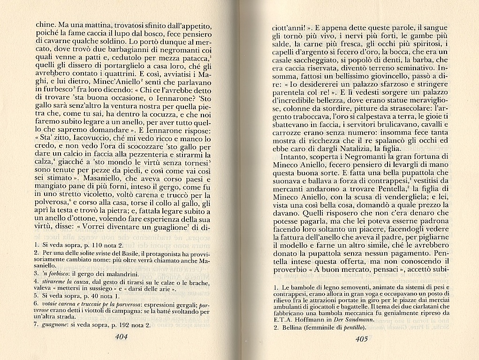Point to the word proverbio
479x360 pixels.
[x=295, y=270]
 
